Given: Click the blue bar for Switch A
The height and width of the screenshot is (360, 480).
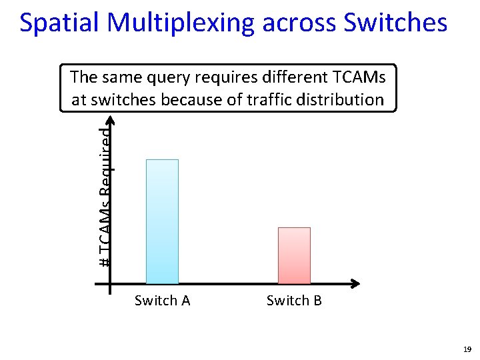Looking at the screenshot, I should pos(162,221).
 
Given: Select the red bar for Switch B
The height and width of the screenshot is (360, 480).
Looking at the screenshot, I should pos(294,255).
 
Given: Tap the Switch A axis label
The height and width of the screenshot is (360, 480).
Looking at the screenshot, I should pos(162,301).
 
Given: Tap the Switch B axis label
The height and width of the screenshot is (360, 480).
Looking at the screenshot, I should pos(294,301).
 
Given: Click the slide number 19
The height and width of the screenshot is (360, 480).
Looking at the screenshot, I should pos(467,349).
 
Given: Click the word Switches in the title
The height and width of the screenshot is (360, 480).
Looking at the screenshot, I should pos(395,23).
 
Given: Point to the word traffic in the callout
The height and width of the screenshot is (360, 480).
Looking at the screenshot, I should pos(273,100).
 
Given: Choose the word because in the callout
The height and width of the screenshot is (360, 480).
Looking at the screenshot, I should pos(203,100).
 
